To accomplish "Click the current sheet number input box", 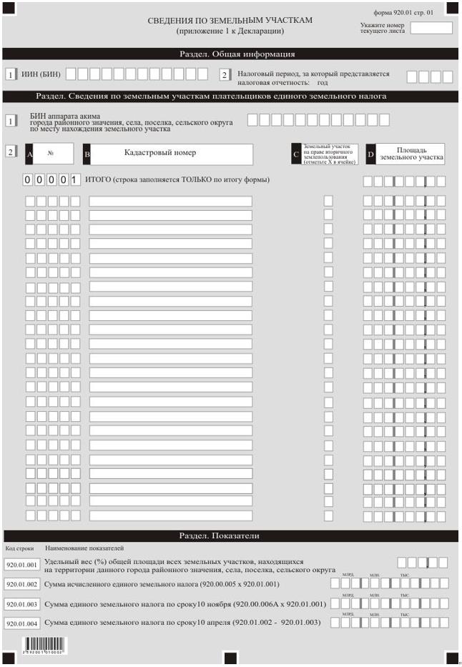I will click(431, 28).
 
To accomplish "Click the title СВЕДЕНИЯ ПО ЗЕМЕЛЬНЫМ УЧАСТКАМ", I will click(230, 20).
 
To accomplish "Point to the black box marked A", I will click(29, 154).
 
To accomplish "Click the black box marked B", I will click(87, 154).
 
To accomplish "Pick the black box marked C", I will click(296, 154).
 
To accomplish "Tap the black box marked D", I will click(370, 154).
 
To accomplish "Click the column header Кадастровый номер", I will click(160, 152).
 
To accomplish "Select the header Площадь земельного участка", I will click(411, 154).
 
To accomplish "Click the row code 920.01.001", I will click(21, 565).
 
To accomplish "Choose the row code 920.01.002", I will click(21, 584).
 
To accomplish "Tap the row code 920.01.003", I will click(21, 604).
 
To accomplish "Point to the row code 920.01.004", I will click(21, 623).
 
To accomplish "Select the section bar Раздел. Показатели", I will click(219, 535).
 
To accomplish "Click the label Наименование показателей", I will click(84, 548).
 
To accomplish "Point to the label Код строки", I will click(20, 548).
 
